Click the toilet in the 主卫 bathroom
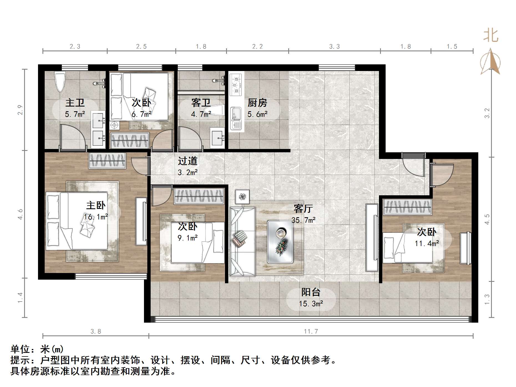[60, 82]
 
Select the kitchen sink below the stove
[236, 118]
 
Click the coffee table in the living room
[280, 242]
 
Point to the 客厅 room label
[303, 208]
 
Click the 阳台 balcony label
[311, 292]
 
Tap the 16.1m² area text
[96, 217]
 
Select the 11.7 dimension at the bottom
[311, 331]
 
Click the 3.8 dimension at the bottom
[96, 331]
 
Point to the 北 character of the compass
[491, 36]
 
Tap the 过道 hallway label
[188, 161]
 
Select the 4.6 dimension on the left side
[20, 214]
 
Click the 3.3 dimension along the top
[334, 47]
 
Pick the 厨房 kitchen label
[257, 103]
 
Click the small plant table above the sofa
[242, 197]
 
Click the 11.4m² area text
[427, 244]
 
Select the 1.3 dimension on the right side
[487, 299]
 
